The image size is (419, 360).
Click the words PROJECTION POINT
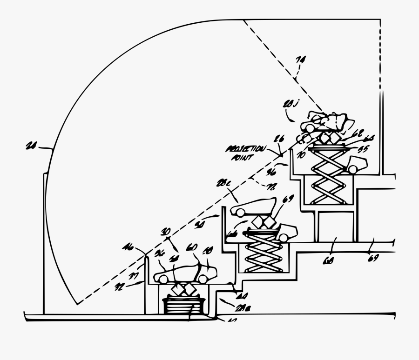(245, 153)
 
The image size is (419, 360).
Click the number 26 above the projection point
(279, 140)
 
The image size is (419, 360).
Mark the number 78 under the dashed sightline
(270, 187)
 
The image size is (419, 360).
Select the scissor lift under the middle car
(263, 251)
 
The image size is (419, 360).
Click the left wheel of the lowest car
(163, 278)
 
